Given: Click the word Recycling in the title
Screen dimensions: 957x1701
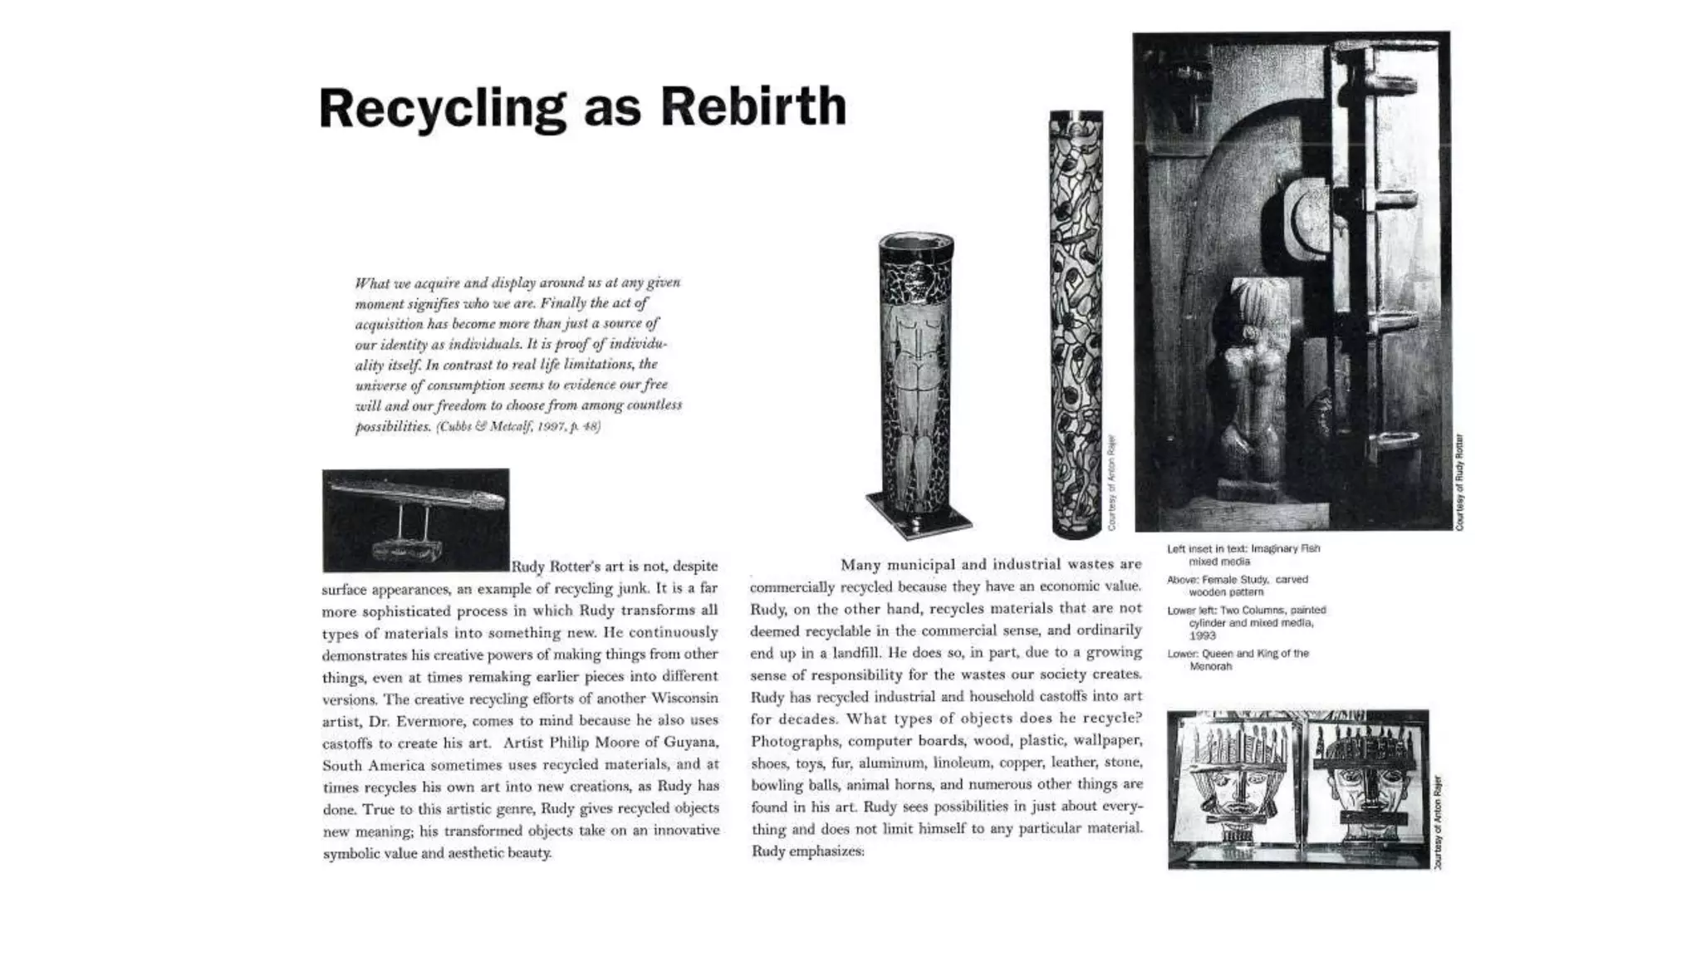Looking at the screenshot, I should [442, 110].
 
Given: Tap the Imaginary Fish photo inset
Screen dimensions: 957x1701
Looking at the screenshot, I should [415, 519].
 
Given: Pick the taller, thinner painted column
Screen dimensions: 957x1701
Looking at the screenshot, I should [1076, 324].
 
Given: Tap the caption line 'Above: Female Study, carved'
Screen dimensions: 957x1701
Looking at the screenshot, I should [1237, 580].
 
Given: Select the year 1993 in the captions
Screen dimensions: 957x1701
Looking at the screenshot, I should [1202, 636].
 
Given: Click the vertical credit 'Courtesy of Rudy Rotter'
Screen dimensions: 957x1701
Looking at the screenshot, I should [1459, 482].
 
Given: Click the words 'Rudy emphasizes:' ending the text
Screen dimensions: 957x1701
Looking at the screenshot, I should [807, 851].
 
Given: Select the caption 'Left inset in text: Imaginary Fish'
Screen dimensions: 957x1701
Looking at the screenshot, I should [1243, 548].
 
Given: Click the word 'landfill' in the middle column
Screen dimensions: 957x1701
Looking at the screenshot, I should [846, 652].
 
